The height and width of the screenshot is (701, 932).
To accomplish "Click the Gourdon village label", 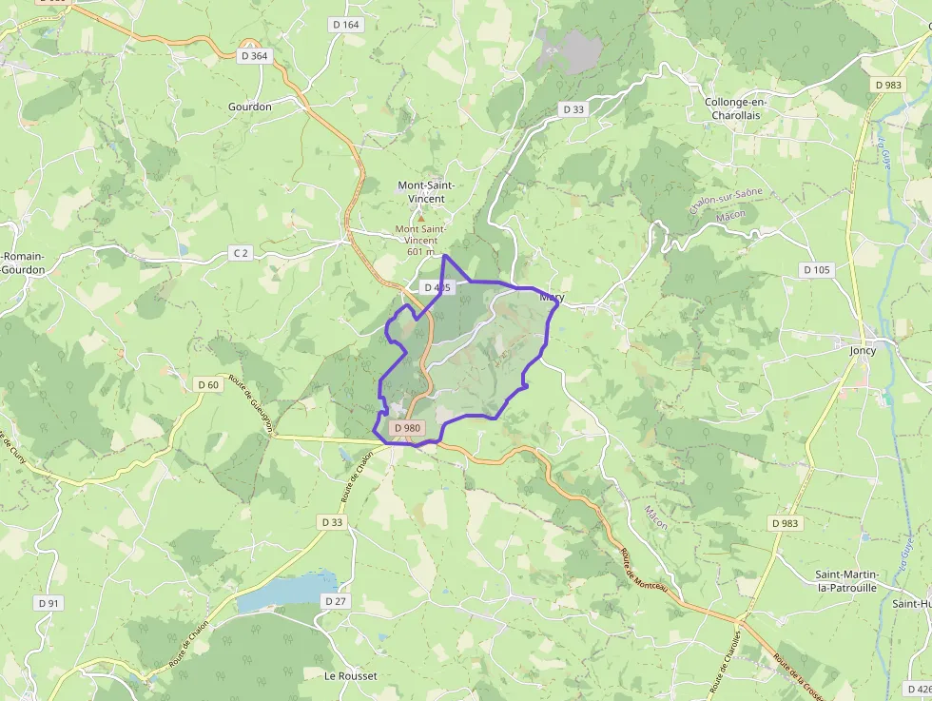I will coord(249,107).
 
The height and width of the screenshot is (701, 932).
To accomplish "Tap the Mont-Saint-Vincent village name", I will coord(425,191).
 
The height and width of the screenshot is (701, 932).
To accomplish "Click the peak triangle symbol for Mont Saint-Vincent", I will coord(421,218).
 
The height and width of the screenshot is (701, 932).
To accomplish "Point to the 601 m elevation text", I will coord(419,252).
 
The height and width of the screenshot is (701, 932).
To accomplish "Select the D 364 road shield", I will coord(255,56).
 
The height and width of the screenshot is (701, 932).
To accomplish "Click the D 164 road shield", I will coord(345,25).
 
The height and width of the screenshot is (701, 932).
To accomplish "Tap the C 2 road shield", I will coord(242,253).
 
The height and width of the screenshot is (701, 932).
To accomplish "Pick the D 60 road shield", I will coord(207,384).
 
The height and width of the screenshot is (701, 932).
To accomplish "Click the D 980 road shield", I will coord(406,428).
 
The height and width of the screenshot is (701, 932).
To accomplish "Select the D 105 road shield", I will coord(816,270).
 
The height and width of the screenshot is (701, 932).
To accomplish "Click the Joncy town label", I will coord(863,350).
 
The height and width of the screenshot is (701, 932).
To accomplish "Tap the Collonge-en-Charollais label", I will coord(736,108).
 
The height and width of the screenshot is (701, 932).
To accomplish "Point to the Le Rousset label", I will coord(351,676).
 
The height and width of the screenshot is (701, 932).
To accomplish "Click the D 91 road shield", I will coord(48,603).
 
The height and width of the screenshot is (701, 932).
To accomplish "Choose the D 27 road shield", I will coord(335,601).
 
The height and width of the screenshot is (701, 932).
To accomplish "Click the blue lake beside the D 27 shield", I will coord(285,592).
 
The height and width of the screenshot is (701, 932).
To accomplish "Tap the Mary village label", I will coord(552,298).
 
